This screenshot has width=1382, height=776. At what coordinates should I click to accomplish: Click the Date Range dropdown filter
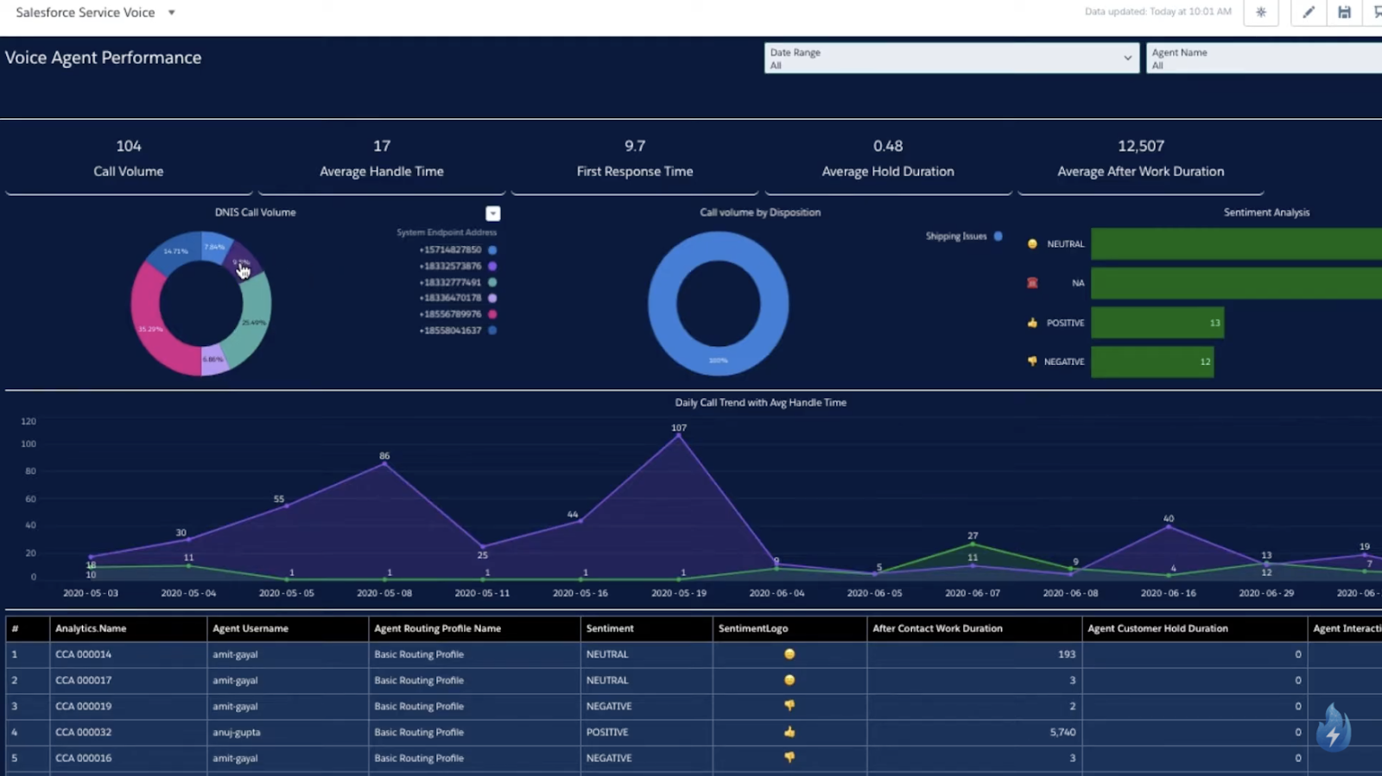point(950,58)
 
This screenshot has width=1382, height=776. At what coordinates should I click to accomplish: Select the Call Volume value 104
point(129,146)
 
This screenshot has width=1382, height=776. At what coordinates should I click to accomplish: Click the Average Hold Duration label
point(887,171)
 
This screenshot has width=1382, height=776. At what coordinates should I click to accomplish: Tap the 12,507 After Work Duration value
point(1140,146)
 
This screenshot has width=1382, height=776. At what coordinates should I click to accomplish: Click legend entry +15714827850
point(450,249)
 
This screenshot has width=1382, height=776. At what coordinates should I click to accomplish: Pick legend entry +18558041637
point(450,331)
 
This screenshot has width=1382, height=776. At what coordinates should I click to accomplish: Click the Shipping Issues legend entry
point(956,236)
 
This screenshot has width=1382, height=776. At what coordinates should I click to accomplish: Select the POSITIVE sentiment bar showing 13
point(1157,323)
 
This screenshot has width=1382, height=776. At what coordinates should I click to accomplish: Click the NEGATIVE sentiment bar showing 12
point(1151,362)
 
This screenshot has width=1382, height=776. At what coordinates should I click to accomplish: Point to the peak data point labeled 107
point(679,436)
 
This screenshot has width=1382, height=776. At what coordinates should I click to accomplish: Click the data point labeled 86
point(384,464)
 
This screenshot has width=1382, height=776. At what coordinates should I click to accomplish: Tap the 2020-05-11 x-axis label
point(482,593)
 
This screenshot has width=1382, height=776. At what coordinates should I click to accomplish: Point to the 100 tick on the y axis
point(29,444)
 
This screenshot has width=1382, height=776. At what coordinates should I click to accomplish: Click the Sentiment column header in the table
point(610,628)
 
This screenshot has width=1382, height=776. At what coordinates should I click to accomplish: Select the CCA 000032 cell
point(84,732)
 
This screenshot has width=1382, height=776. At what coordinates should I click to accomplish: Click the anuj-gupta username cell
point(237,732)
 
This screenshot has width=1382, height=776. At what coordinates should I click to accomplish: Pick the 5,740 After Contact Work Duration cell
point(1062,732)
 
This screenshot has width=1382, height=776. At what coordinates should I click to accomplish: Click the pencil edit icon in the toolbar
point(1308,12)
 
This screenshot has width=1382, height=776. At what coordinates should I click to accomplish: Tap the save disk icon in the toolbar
point(1344,12)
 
